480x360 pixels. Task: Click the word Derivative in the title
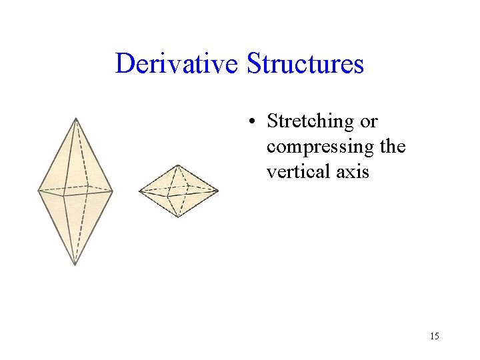(177, 64)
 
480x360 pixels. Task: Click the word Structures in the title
(305, 64)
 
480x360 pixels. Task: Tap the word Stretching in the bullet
(310, 122)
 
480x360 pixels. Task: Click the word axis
(353, 171)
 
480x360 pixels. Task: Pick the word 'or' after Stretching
(369, 122)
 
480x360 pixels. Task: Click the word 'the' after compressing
(391, 147)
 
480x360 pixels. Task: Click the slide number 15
(434, 336)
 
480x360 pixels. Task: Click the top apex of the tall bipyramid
(76, 119)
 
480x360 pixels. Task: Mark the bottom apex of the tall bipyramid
(75, 265)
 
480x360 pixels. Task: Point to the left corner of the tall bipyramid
(38, 190)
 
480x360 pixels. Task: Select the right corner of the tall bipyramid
(113, 192)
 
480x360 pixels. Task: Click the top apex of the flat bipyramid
(177, 165)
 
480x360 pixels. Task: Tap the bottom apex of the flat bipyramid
(178, 217)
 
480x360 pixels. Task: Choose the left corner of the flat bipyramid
(139, 192)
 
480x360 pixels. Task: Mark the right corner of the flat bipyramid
(218, 191)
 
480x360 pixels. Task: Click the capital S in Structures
(255, 64)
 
